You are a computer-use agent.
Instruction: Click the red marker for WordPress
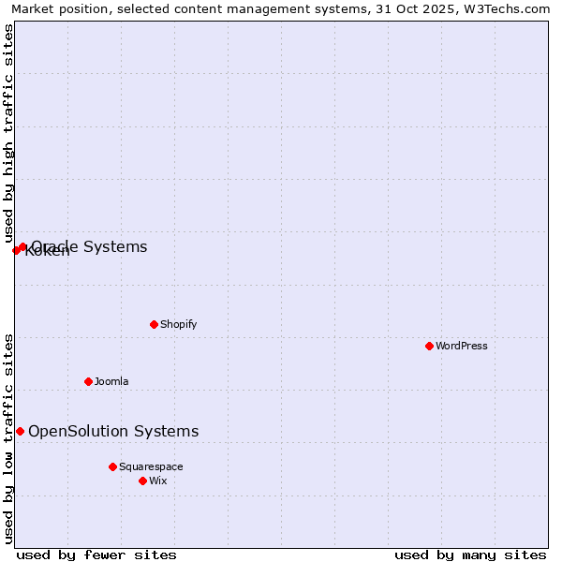pyautogui.click(x=430, y=346)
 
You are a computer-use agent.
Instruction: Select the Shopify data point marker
pyautogui.click(x=155, y=324)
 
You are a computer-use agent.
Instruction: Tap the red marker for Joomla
pyautogui.click(x=89, y=381)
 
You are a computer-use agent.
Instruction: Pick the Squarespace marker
pyautogui.click(x=113, y=466)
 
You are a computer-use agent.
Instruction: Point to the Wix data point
pyautogui.click(x=143, y=481)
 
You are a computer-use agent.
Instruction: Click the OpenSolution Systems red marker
pyautogui.click(x=20, y=431)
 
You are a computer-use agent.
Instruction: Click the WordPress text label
pyautogui.click(x=462, y=346)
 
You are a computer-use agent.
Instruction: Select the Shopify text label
pyautogui.click(x=178, y=324)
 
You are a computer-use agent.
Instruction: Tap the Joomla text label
pyautogui.click(x=111, y=381)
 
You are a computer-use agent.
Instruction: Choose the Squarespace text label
pyautogui.click(x=151, y=466)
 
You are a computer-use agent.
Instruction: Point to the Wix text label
pyautogui.click(x=158, y=481)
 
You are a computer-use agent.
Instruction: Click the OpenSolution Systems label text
pyautogui.click(x=113, y=431)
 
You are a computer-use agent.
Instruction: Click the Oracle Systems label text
pyautogui.click(x=90, y=246)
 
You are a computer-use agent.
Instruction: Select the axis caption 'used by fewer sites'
pyautogui.click(x=96, y=555)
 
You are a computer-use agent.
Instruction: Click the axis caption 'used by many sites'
pyautogui.click(x=470, y=555)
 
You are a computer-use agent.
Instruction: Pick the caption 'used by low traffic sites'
pyautogui.click(x=9, y=438)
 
